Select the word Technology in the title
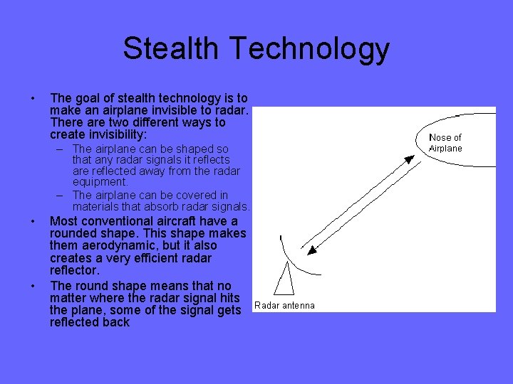(309, 49)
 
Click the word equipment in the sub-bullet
(98, 181)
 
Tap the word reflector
(74, 270)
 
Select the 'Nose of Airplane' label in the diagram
(445, 143)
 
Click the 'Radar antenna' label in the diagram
(284, 305)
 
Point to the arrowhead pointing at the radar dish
(310, 249)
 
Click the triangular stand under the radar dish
(285, 279)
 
